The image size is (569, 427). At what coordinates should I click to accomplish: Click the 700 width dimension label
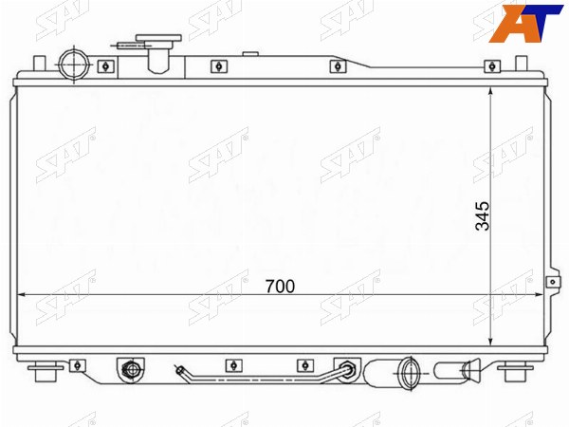click(280, 287)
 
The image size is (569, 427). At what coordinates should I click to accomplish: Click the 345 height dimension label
click(483, 216)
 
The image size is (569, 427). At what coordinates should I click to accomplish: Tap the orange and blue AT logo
click(525, 23)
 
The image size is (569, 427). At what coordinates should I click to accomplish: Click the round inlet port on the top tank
click(74, 65)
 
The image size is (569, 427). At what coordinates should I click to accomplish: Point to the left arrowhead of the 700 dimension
click(21, 295)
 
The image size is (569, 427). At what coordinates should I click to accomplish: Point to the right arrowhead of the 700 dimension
click(540, 295)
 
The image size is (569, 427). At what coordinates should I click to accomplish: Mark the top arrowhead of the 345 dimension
click(490, 91)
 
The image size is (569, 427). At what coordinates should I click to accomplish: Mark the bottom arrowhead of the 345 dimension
click(490, 342)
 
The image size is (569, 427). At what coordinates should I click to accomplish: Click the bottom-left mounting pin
click(46, 371)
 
